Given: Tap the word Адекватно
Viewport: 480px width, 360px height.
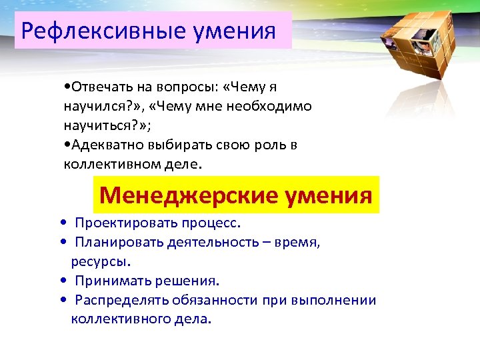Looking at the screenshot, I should (105, 145).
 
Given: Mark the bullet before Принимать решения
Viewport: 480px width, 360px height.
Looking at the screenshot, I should (62, 281).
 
